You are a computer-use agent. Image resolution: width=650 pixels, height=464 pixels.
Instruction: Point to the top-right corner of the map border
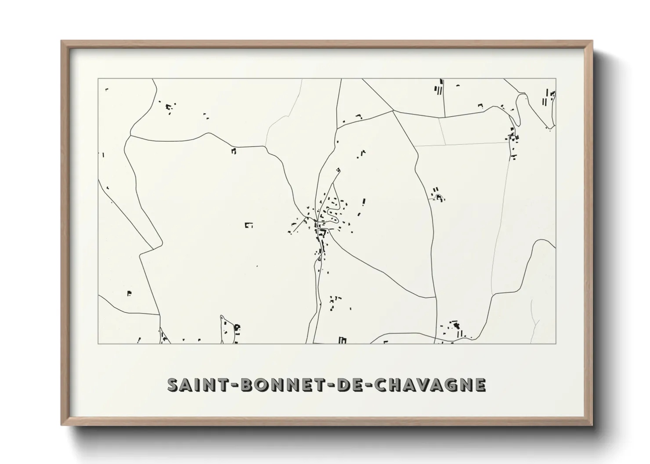556,79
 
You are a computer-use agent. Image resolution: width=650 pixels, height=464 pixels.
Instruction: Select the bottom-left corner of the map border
98,343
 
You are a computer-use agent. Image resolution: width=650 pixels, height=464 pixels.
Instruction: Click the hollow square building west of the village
249,225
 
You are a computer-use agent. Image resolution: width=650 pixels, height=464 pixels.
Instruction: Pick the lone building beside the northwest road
234,151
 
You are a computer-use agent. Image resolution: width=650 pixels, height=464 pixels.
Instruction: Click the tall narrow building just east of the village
363,202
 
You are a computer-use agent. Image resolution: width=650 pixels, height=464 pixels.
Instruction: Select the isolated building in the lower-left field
129,293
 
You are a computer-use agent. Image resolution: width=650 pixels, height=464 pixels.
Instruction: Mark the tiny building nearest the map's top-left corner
106,89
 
